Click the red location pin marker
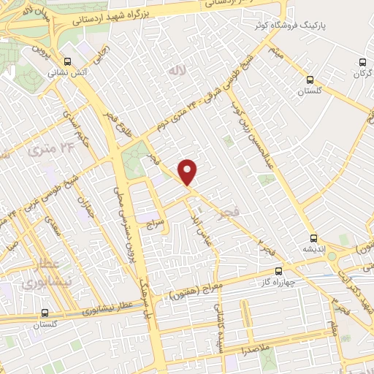coord(188,172)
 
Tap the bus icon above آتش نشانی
coord(68,61)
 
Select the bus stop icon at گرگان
coord(363,63)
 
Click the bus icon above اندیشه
coord(313,238)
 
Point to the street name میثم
coord(275,50)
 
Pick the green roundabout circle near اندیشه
coord(332,256)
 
